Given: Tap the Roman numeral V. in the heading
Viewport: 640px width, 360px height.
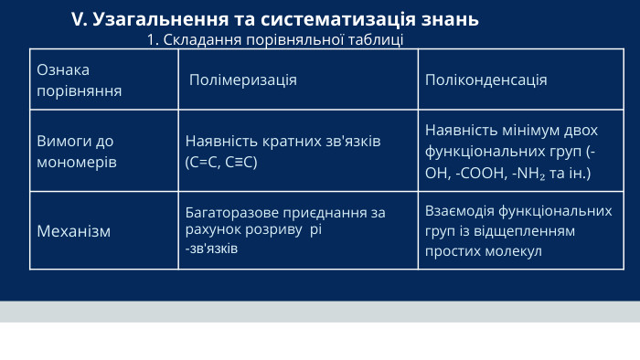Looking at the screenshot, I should tap(79, 19).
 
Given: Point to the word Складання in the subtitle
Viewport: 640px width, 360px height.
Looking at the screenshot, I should tap(193, 39).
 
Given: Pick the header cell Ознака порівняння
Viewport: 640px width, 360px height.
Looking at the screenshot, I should tap(78, 79).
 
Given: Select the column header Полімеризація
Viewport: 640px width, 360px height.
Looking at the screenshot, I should tap(242, 79).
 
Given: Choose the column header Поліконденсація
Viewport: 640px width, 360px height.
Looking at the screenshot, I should tap(485, 79).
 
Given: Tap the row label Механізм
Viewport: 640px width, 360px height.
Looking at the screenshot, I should tap(73, 231).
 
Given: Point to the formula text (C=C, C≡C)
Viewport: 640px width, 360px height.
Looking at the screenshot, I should tap(221, 162).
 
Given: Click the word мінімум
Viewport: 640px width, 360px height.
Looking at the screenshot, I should tap(530, 130).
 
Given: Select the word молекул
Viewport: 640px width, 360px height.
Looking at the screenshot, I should tap(512, 250).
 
